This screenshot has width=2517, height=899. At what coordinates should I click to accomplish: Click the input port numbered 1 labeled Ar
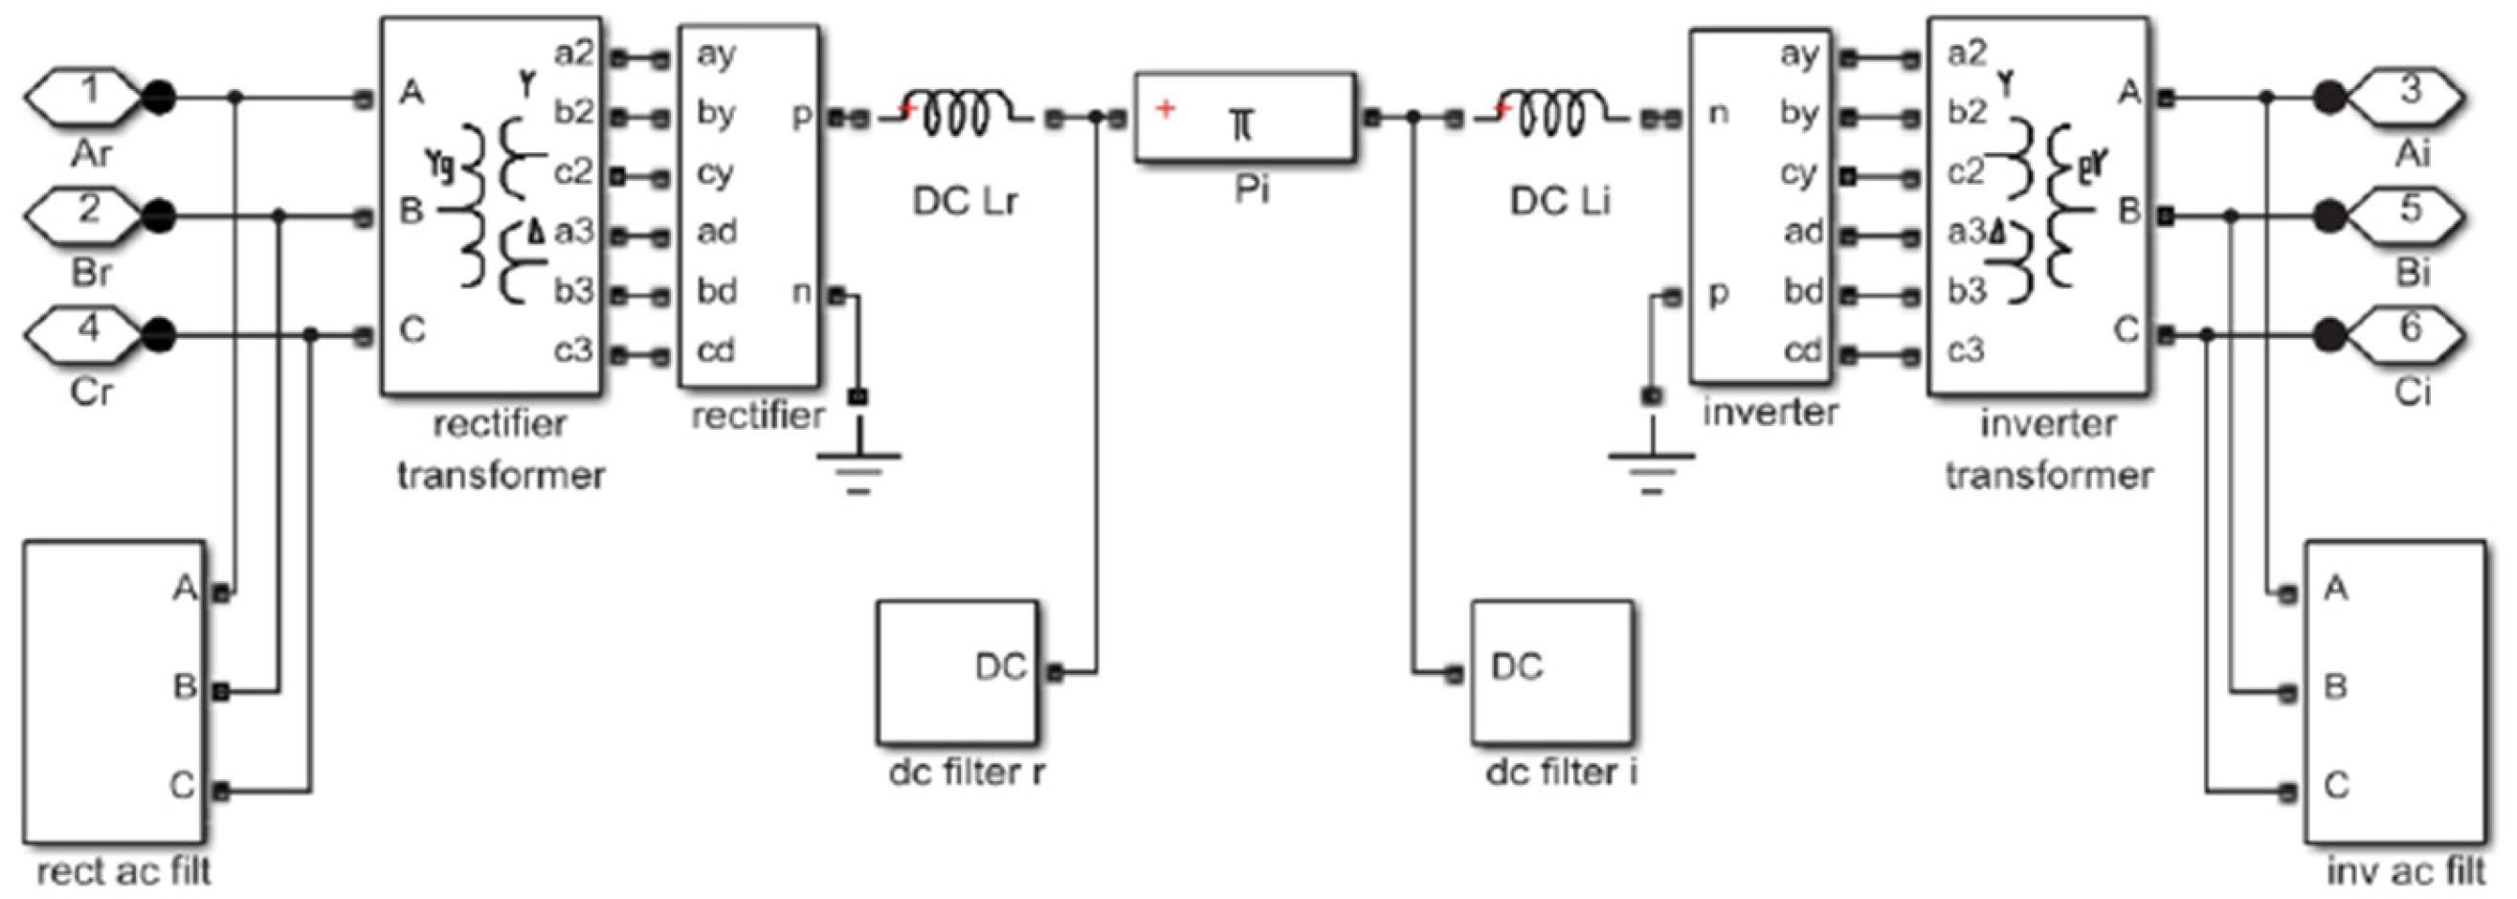(x=83, y=96)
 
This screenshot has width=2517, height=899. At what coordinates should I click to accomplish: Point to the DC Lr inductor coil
(x=963, y=115)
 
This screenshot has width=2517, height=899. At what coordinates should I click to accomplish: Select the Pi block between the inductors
(x=1244, y=117)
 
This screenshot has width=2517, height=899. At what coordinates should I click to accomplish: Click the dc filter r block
(x=957, y=672)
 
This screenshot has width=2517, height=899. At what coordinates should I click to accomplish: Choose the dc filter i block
(x=1551, y=672)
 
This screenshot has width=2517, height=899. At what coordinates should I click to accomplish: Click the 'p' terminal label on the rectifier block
(x=801, y=115)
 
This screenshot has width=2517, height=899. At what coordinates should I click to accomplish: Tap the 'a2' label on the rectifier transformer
(x=573, y=54)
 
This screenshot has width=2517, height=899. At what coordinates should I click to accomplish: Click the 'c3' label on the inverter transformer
(x=1966, y=349)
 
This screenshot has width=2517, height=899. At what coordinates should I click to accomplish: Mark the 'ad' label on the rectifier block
(x=716, y=233)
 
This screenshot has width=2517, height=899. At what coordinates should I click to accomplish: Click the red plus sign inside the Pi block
(x=1165, y=107)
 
